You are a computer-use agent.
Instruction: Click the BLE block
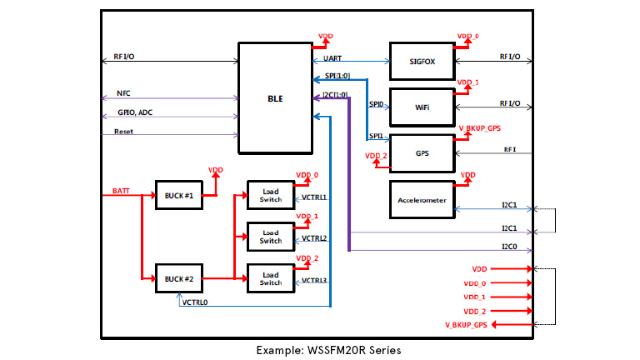pos(274,98)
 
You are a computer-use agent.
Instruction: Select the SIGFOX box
pos(422,62)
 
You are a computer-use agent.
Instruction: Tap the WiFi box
pos(422,107)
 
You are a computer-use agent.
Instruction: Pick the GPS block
pos(422,153)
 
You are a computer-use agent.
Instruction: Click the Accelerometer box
pos(422,199)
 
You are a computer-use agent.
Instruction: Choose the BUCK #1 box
pos(179,195)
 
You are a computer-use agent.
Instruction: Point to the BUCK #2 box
pos(179,277)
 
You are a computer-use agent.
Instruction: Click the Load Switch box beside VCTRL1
pos(271,195)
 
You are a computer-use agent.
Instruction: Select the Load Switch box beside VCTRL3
pos(271,277)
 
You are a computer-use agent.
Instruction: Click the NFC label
pos(123,93)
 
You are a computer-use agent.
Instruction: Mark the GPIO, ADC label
pos(134,112)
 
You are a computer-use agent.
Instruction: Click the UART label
pos(332,57)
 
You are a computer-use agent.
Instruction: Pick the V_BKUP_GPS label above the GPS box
pos(482,127)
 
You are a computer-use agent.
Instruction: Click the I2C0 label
pos(510,246)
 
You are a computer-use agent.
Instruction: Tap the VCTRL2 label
pos(314,238)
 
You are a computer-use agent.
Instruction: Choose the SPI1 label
pos(375,135)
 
